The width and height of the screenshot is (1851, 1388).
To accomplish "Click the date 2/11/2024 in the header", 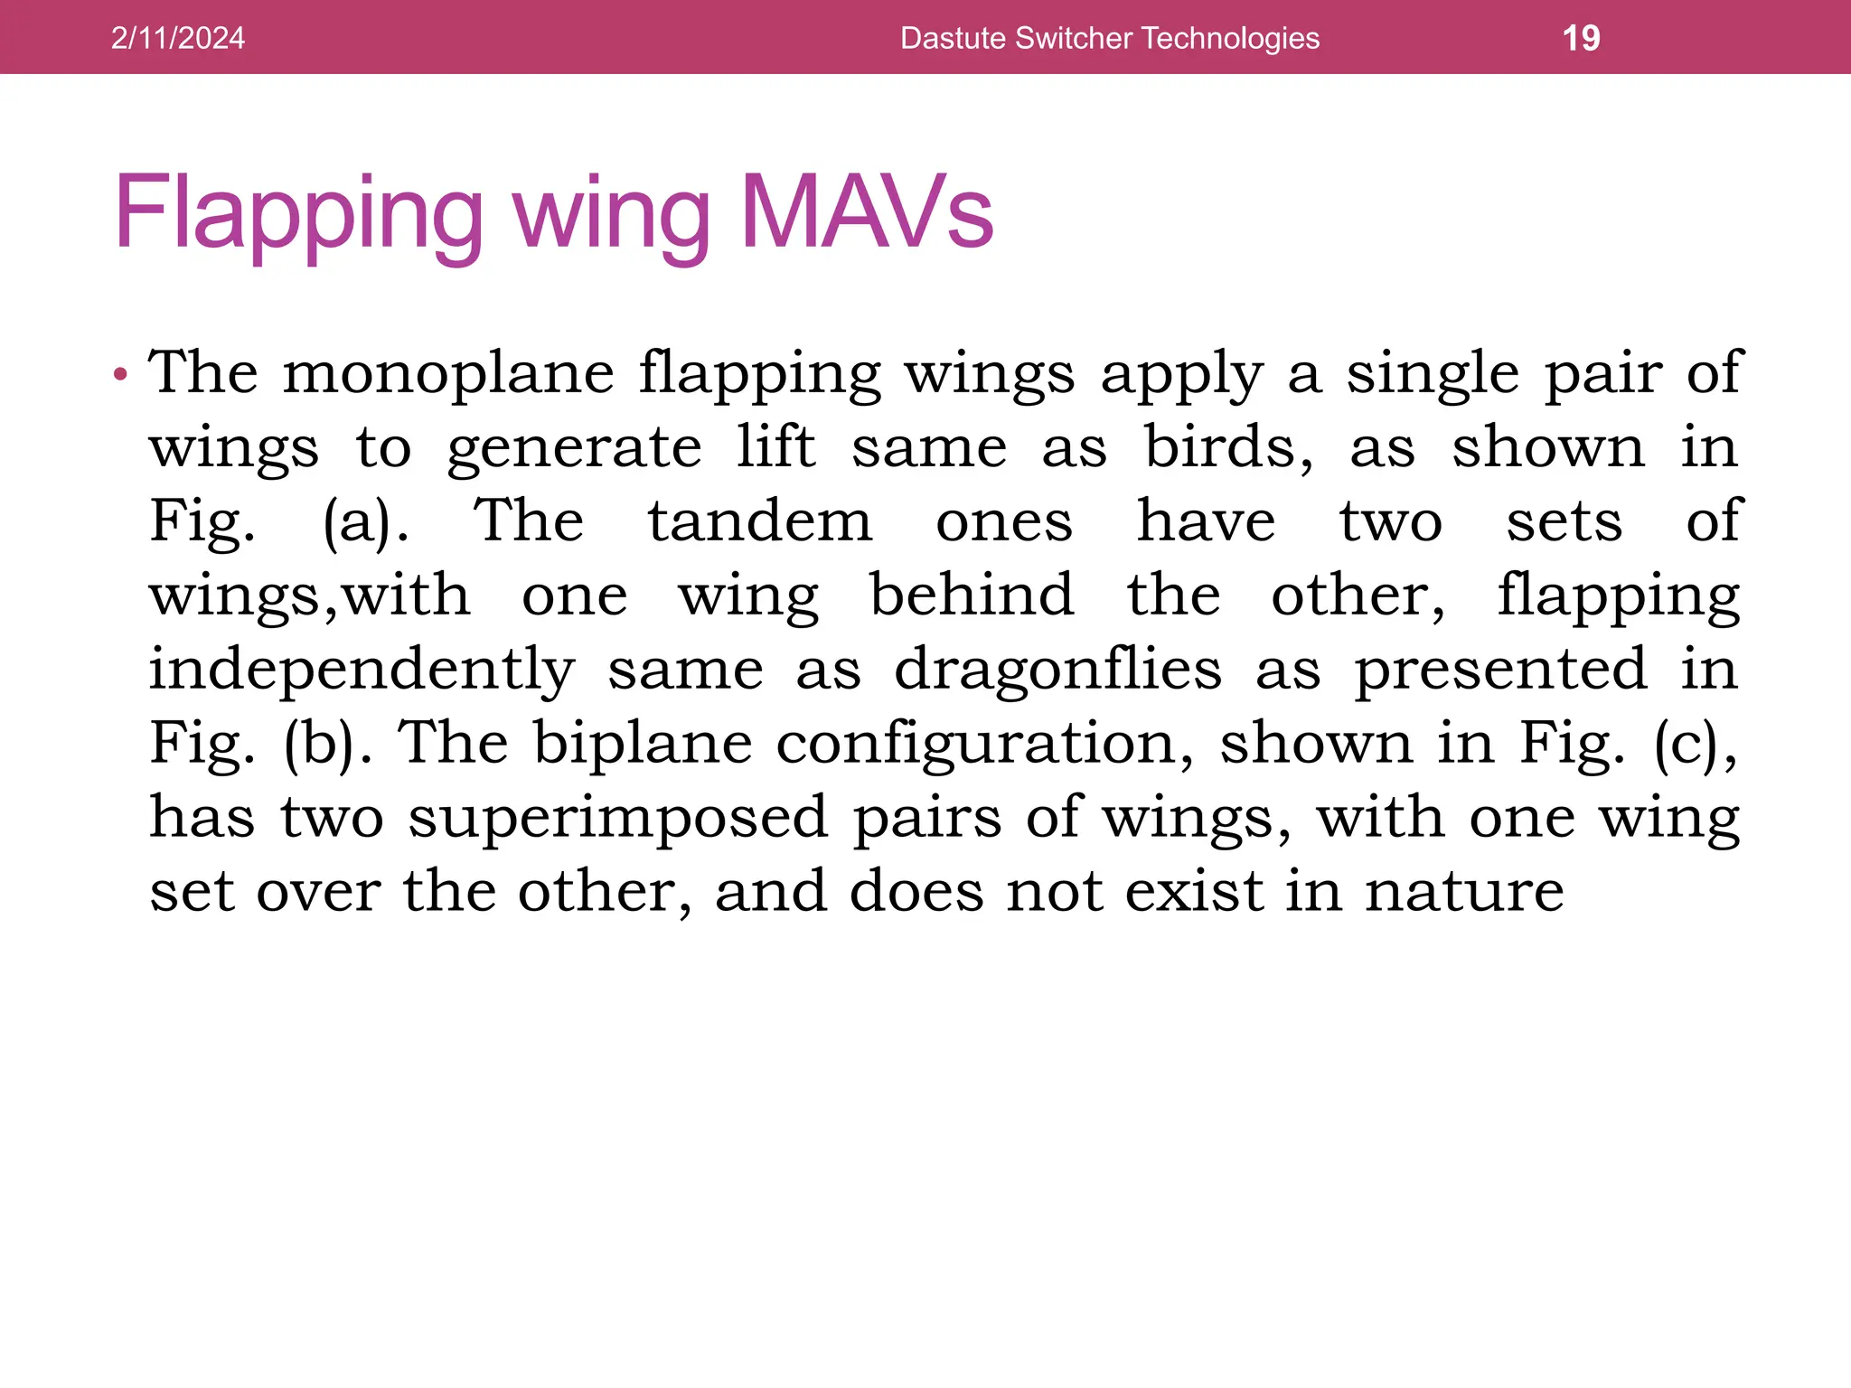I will click(177, 38).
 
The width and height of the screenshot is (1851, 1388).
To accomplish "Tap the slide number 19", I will click(1581, 38).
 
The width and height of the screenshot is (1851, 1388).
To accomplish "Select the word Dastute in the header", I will click(953, 38).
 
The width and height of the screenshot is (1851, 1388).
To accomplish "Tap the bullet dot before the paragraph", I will click(121, 373).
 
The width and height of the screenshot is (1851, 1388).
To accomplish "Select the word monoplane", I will click(448, 373).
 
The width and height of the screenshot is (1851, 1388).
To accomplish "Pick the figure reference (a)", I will click(365, 522).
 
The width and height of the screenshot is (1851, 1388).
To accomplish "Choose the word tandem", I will click(760, 521).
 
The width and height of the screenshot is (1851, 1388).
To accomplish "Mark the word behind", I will click(972, 596).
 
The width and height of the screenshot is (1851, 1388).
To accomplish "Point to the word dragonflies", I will click(1057, 670).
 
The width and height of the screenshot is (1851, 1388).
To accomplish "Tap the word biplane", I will click(643, 745).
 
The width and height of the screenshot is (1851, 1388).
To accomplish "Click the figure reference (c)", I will click(1696, 745).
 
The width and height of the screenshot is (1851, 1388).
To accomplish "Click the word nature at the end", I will click(1464, 892).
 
